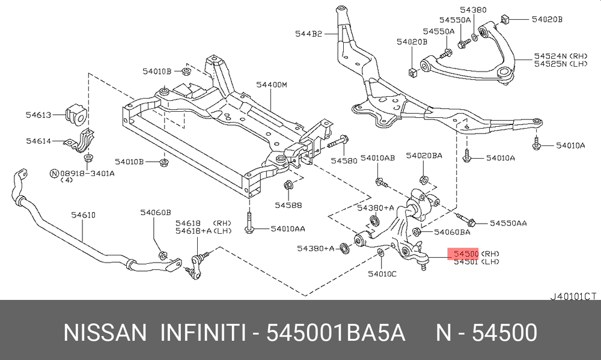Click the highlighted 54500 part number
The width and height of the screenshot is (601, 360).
coord(466,254)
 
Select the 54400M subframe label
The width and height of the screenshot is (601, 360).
coord(272,85)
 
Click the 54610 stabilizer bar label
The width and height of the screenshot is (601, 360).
coord(84,215)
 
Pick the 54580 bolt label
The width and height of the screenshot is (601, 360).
coord(343,161)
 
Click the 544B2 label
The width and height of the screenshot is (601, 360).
coord(309,34)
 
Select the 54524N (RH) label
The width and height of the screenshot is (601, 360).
coord(548,56)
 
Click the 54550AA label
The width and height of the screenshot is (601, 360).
coord(508,223)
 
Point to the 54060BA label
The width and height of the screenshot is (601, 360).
coord(452,231)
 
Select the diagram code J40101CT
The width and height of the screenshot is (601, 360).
coord(573,295)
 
